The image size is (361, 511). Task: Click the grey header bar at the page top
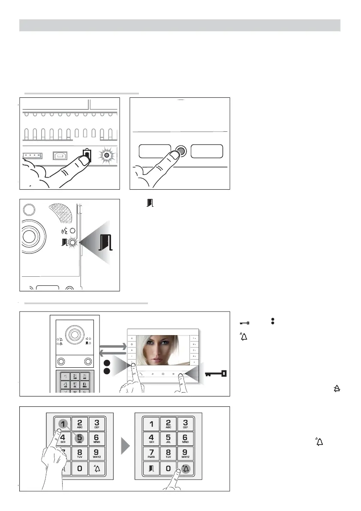pos(180,25)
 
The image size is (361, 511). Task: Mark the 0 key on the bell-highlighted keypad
pos(168,469)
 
